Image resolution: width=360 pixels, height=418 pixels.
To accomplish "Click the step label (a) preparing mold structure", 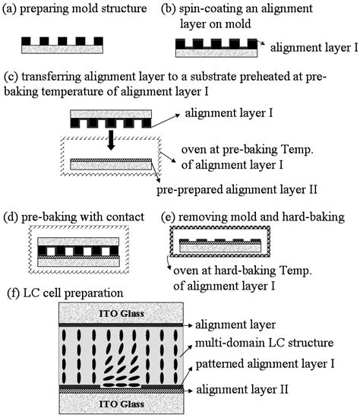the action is [x=74, y=8].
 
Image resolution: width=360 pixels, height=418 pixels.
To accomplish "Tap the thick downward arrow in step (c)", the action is [x=111, y=140].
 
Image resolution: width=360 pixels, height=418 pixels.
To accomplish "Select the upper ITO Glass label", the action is [x=122, y=313].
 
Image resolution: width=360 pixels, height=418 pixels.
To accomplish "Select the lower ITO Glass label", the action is [x=122, y=404].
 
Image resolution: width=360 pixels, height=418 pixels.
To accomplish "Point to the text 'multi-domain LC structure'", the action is [x=264, y=343].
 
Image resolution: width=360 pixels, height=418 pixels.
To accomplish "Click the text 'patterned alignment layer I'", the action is [x=265, y=364].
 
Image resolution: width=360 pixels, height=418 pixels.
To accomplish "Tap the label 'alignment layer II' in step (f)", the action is [x=242, y=389].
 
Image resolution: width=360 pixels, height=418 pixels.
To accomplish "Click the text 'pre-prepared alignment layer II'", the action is [x=237, y=190].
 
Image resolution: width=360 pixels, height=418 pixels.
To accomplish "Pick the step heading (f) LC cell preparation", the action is [x=65, y=293].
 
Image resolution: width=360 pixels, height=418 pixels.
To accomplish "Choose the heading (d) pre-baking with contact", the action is [x=74, y=217].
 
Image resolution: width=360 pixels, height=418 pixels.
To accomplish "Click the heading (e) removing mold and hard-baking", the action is [x=253, y=217].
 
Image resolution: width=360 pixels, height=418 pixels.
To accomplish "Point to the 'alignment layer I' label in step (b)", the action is [x=314, y=48].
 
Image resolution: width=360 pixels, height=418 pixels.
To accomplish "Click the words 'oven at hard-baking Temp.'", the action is [x=242, y=271].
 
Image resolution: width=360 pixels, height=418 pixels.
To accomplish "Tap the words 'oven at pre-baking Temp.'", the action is [x=248, y=150].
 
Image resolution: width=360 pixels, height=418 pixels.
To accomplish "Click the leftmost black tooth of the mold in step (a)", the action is [x=26, y=41].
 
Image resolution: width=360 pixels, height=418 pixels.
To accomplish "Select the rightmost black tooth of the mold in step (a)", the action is [x=98, y=41].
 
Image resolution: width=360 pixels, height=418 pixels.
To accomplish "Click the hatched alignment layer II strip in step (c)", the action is [x=111, y=160].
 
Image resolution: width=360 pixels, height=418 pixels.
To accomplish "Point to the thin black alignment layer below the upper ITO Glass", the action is [x=121, y=325].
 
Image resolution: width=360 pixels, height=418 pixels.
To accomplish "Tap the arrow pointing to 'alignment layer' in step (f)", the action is [x=188, y=325].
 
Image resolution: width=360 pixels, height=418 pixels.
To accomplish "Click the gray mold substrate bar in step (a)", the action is [x=62, y=49].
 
